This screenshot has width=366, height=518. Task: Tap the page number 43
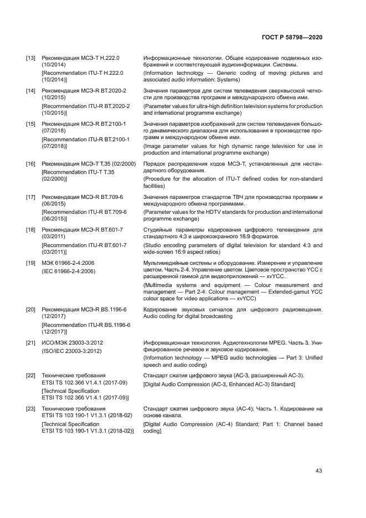[318, 471]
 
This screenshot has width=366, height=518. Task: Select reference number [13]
[31, 58]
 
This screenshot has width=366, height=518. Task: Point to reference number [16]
[31, 165]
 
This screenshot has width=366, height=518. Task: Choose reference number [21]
[31, 343]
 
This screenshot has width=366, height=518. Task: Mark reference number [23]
[31, 408]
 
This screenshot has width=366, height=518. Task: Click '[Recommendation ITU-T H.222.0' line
[83, 73]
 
